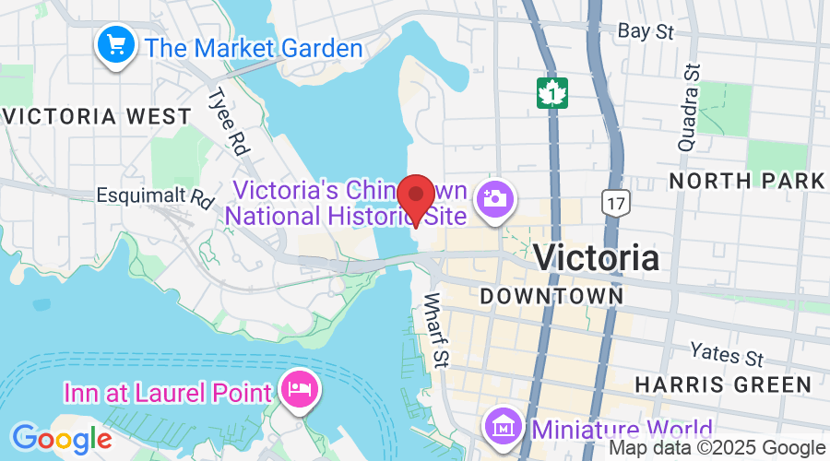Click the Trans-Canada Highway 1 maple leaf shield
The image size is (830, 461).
tap(551, 91)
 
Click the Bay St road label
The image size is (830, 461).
tap(646, 32)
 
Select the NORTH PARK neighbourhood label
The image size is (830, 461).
tap(747, 181)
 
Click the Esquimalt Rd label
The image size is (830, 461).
tap(154, 195)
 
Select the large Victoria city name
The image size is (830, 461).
tap(597, 257)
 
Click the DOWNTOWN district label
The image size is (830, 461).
tap(552, 296)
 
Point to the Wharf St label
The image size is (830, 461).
tap(434, 330)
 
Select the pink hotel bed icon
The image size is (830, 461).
tap(301, 390)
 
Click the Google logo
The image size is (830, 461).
tap(62, 438)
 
